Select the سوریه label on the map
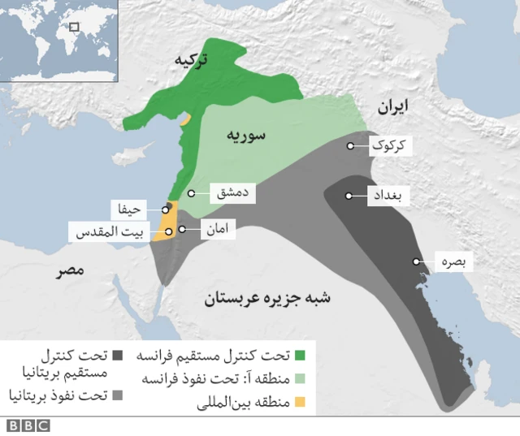point(245,134)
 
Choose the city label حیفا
point(132,209)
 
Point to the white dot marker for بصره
point(416,262)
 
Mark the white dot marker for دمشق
point(193,193)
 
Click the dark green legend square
point(301,356)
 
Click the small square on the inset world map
point(74,27)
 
